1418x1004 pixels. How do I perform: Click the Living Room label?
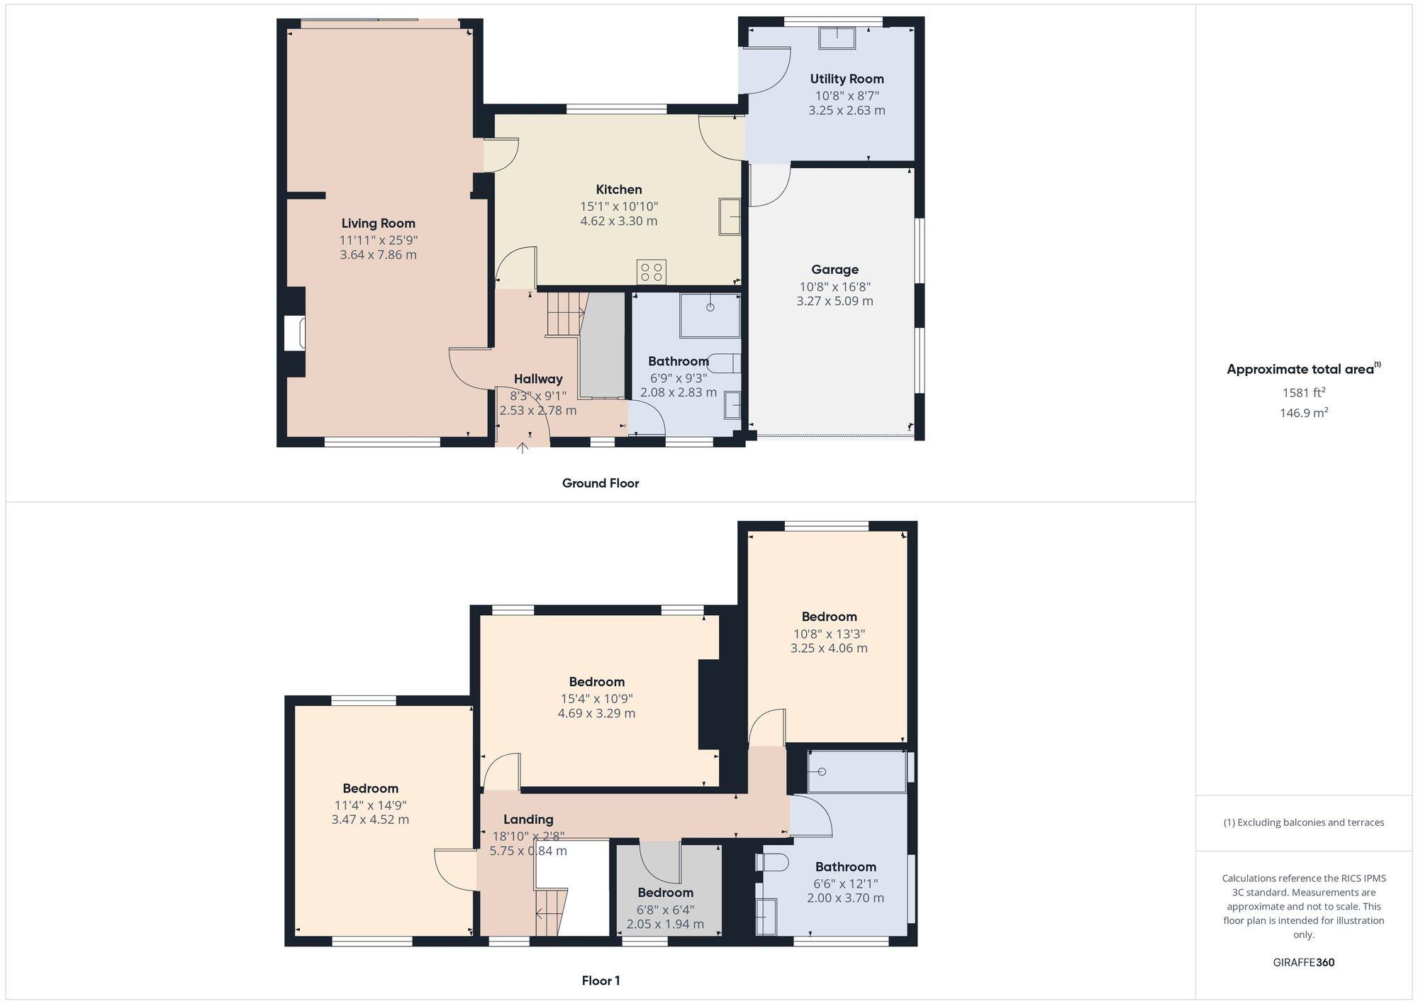coord(378,224)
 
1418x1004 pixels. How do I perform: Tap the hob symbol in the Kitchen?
coord(651,272)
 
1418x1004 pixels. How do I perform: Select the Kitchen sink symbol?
coord(730,216)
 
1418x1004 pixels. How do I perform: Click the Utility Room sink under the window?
coord(837,38)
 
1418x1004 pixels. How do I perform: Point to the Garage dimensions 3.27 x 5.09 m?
coord(834,301)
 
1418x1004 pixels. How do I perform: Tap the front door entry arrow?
coord(523,448)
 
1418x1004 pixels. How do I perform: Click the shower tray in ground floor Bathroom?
coord(710,315)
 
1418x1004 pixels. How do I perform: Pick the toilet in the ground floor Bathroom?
coord(726,363)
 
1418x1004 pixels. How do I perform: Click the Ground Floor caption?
coord(601,483)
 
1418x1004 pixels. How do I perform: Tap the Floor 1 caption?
coord(601,981)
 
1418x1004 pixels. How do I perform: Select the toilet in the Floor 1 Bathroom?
coord(774,862)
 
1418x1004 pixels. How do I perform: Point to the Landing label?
coord(528,820)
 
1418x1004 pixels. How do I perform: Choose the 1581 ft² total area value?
coord(1303,392)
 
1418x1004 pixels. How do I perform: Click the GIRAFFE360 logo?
coord(1303,963)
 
